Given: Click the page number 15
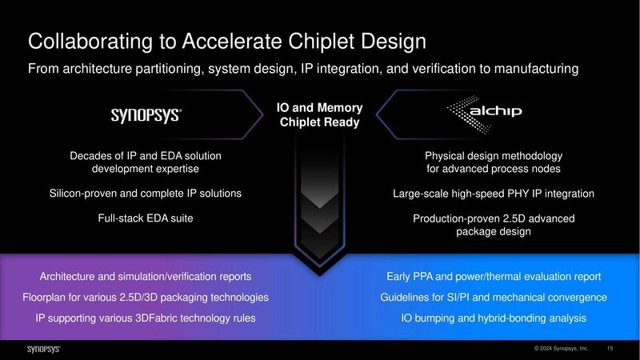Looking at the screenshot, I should [610, 349].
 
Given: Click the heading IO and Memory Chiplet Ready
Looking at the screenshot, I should [319, 115].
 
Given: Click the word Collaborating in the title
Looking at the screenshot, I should [82, 41].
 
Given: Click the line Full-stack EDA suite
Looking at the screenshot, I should [146, 217].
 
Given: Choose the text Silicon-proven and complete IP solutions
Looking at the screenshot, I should [146, 194].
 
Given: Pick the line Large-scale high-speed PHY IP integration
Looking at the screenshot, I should [494, 194].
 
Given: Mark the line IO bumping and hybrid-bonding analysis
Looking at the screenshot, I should [494, 318].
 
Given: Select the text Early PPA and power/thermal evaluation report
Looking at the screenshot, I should [494, 277].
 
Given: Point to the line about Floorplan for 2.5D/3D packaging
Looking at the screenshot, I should [146, 298].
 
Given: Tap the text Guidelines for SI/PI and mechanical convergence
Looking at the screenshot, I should [494, 298].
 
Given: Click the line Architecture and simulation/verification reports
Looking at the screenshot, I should [146, 277].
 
